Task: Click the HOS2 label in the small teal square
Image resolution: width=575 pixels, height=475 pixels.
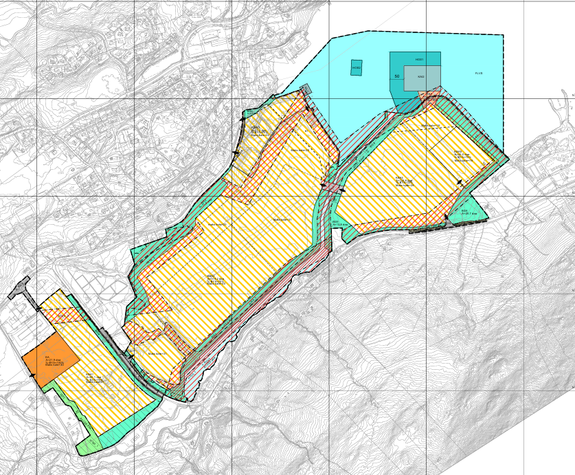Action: pos(356,67)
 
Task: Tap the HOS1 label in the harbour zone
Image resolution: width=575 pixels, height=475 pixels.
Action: pos(419,60)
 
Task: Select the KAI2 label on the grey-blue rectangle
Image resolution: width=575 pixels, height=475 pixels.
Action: pos(421,77)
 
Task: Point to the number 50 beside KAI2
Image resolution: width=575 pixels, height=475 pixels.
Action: pos(397,76)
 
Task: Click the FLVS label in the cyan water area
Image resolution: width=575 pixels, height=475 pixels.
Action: pos(478,73)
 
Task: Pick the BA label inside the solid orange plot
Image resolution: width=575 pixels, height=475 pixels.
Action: pos(48,358)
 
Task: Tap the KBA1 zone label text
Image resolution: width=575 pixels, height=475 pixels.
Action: pos(89,375)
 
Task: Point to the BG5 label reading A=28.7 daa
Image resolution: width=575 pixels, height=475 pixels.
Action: pos(464,212)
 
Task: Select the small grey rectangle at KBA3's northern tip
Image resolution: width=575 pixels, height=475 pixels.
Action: pos(305,90)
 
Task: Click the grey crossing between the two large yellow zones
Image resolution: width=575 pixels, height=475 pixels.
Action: pos(332,187)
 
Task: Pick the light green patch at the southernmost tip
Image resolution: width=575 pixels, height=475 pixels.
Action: pos(88,445)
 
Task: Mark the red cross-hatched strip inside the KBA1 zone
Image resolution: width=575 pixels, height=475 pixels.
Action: pos(63,315)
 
